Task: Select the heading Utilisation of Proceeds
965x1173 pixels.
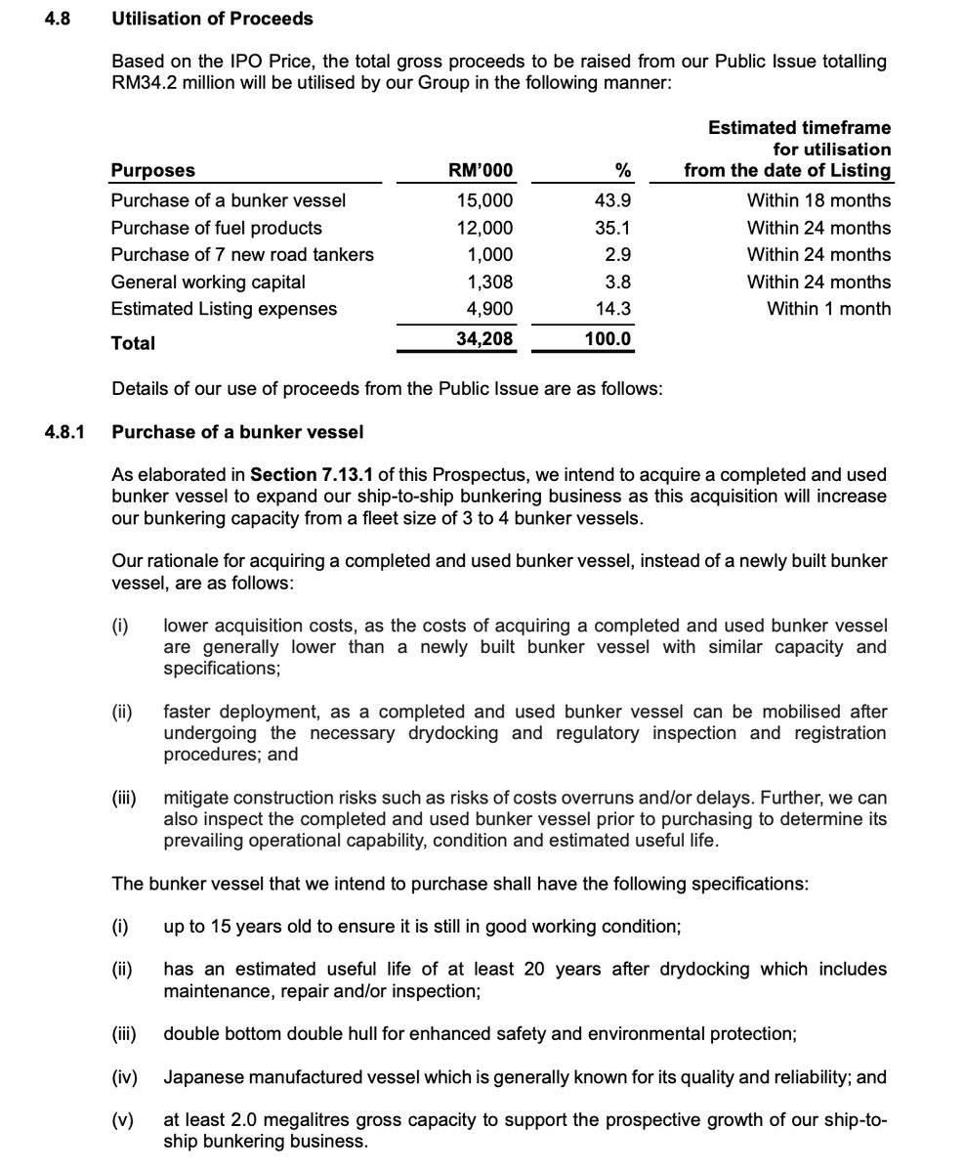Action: pos(212,18)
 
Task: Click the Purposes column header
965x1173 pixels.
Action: pos(152,170)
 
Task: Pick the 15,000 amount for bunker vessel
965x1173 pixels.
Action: pos(484,200)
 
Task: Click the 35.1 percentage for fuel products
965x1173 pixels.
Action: pos(613,228)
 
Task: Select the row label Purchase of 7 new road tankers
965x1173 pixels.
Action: pos(241,254)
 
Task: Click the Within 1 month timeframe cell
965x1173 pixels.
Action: pos(828,309)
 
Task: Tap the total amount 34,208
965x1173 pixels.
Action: pos(482,340)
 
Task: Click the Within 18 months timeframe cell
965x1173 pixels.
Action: pos(818,200)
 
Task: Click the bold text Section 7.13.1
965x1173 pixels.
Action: pos(313,475)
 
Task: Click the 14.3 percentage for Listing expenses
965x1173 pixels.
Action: pos(613,309)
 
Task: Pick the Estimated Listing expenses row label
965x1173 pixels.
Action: pos(224,309)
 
